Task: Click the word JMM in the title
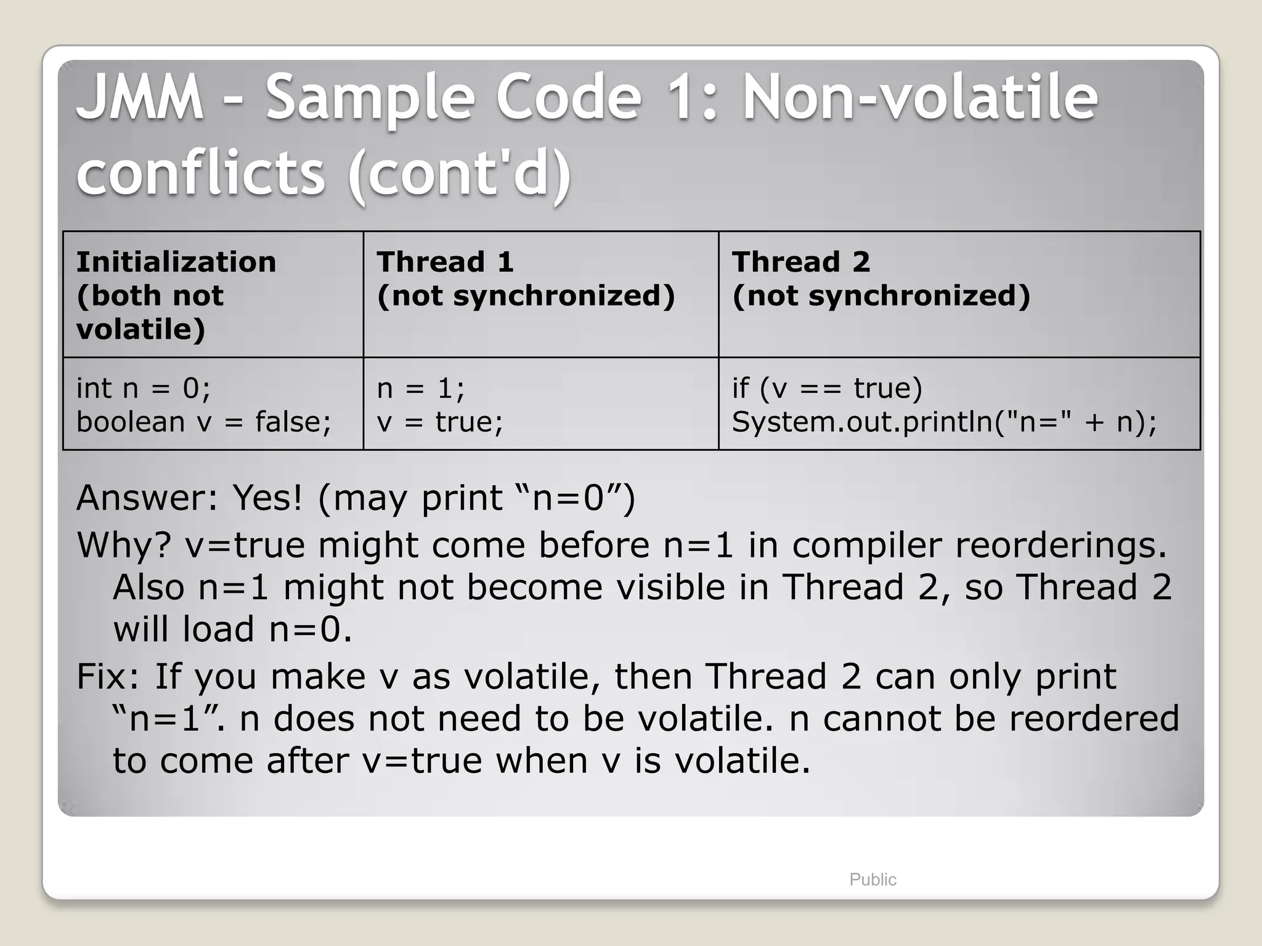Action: tap(140, 97)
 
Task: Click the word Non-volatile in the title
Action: tap(919, 97)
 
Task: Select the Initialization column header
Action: tap(176, 262)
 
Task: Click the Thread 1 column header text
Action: tap(445, 262)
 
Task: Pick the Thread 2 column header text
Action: tap(800, 262)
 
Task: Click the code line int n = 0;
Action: tap(143, 389)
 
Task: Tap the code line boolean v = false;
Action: tap(203, 422)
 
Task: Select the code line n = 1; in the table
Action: tap(420, 389)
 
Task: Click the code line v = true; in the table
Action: tap(439, 422)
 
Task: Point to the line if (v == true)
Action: tap(826, 389)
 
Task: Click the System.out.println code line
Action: tap(944, 422)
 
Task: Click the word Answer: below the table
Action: tap(147, 498)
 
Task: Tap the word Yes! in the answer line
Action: tap(267, 498)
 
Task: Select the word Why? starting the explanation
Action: tap(123, 545)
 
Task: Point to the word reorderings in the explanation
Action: tap(1060, 545)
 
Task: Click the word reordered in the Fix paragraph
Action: tap(1094, 719)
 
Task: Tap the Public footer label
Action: tap(873, 879)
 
